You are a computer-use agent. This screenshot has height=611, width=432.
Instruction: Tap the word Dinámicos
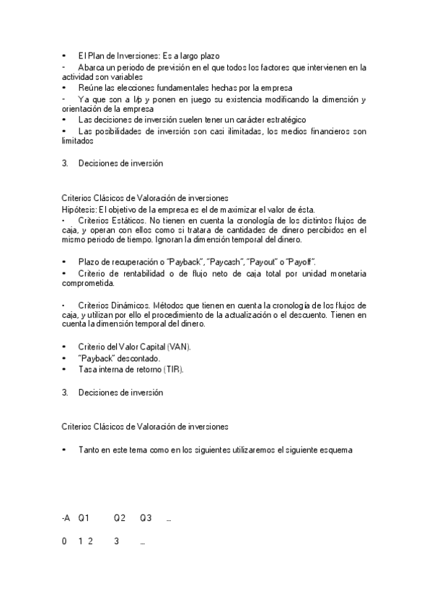[129, 305]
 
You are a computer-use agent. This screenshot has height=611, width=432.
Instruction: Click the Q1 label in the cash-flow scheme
[84, 518]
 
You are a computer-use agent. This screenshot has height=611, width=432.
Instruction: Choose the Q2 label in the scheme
[119, 518]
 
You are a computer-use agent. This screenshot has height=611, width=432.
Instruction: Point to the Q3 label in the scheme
[146, 518]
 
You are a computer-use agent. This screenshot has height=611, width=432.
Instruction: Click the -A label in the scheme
[66, 518]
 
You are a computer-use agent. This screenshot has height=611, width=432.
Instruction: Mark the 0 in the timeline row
[64, 541]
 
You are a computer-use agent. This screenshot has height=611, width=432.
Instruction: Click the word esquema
[336, 450]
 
